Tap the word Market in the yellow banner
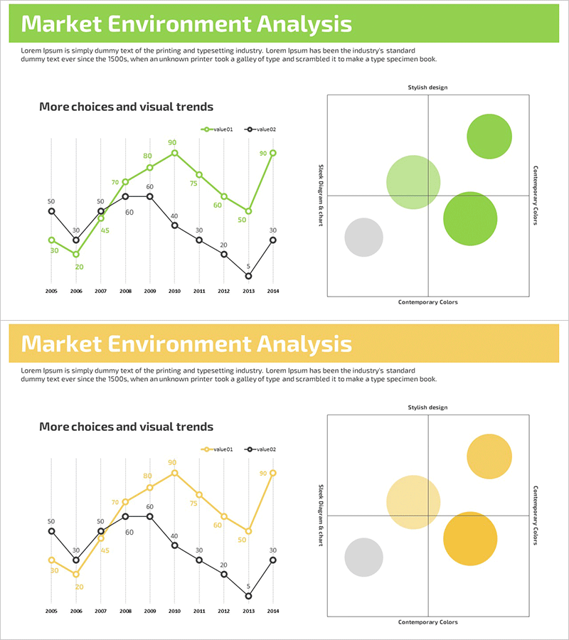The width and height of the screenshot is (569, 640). [60, 344]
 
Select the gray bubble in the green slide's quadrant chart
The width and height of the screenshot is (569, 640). [364, 237]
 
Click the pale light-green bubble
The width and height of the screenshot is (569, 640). [413, 182]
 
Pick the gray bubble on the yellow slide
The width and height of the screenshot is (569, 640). [364, 557]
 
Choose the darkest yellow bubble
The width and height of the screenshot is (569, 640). [469, 538]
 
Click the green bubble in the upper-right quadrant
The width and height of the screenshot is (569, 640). [489, 136]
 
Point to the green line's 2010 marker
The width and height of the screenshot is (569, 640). [174, 153]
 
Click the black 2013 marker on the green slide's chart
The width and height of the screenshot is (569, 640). [248, 276]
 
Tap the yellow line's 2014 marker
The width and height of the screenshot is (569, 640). [272, 473]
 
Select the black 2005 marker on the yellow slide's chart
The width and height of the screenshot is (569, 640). [51, 531]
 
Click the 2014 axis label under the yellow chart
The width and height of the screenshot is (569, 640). [272, 611]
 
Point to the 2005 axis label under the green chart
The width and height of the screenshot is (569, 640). [51, 291]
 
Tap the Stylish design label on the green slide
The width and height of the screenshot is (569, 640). [427, 87]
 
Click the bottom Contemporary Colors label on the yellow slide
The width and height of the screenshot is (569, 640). [427, 622]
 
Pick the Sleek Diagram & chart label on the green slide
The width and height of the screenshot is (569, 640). [321, 196]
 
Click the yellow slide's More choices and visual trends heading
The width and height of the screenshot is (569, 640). [126, 427]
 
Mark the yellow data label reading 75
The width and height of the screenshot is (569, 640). [193, 503]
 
